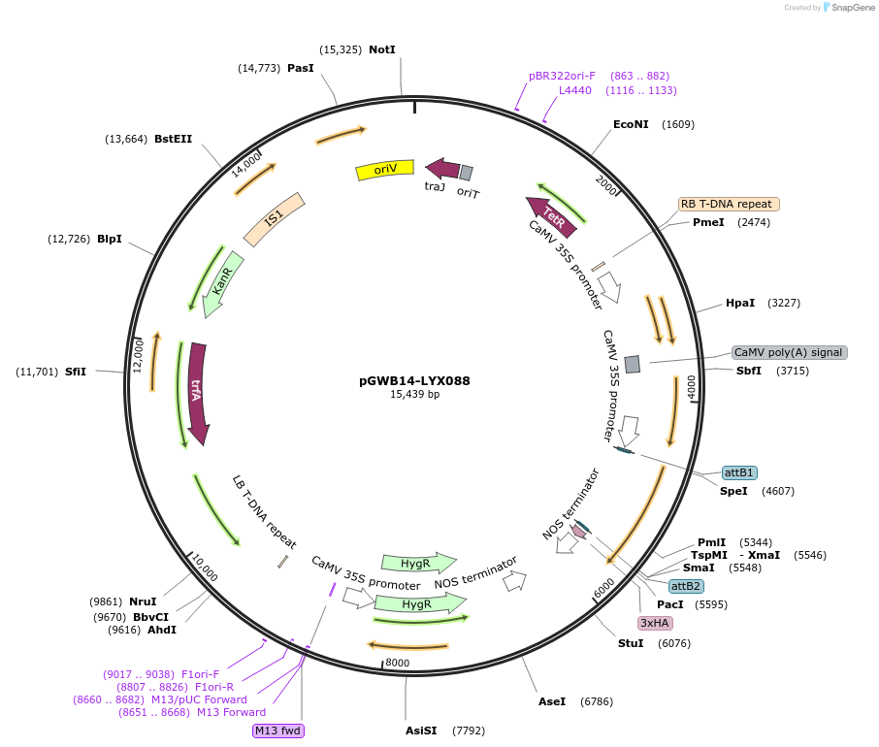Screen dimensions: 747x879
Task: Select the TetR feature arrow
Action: [551, 216]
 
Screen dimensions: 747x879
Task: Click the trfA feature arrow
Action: [198, 393]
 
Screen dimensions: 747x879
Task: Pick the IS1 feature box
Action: [274, 219]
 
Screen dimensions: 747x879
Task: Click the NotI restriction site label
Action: [382, 49]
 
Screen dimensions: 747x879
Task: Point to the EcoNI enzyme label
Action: [631, 124]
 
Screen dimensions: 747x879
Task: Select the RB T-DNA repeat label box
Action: [728, 204]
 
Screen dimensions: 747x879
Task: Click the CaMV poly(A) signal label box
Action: [789, 352]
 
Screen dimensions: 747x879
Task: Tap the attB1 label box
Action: [739, 472]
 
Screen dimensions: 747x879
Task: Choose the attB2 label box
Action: [687, 586]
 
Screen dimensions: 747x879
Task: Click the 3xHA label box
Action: [655, 622]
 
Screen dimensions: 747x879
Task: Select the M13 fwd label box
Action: [278, 731]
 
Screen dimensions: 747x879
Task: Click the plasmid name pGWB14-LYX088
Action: [414, 380]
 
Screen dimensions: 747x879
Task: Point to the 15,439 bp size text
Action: [414, 395]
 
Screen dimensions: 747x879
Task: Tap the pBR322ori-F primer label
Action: [562, 76]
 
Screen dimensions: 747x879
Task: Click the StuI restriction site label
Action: [631, 643]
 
